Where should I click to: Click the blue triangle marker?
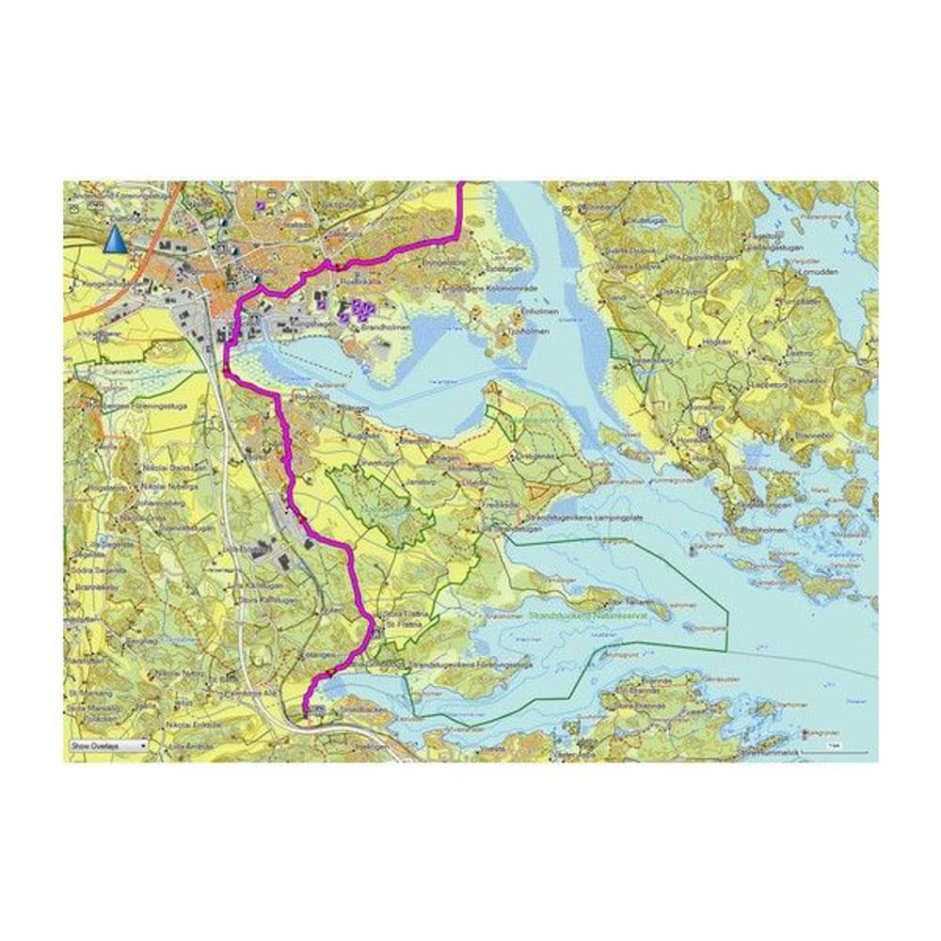[x=113, y=240]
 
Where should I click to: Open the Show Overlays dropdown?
[x=108, y=744]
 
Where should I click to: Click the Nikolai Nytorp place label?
[x=180, y=674]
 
